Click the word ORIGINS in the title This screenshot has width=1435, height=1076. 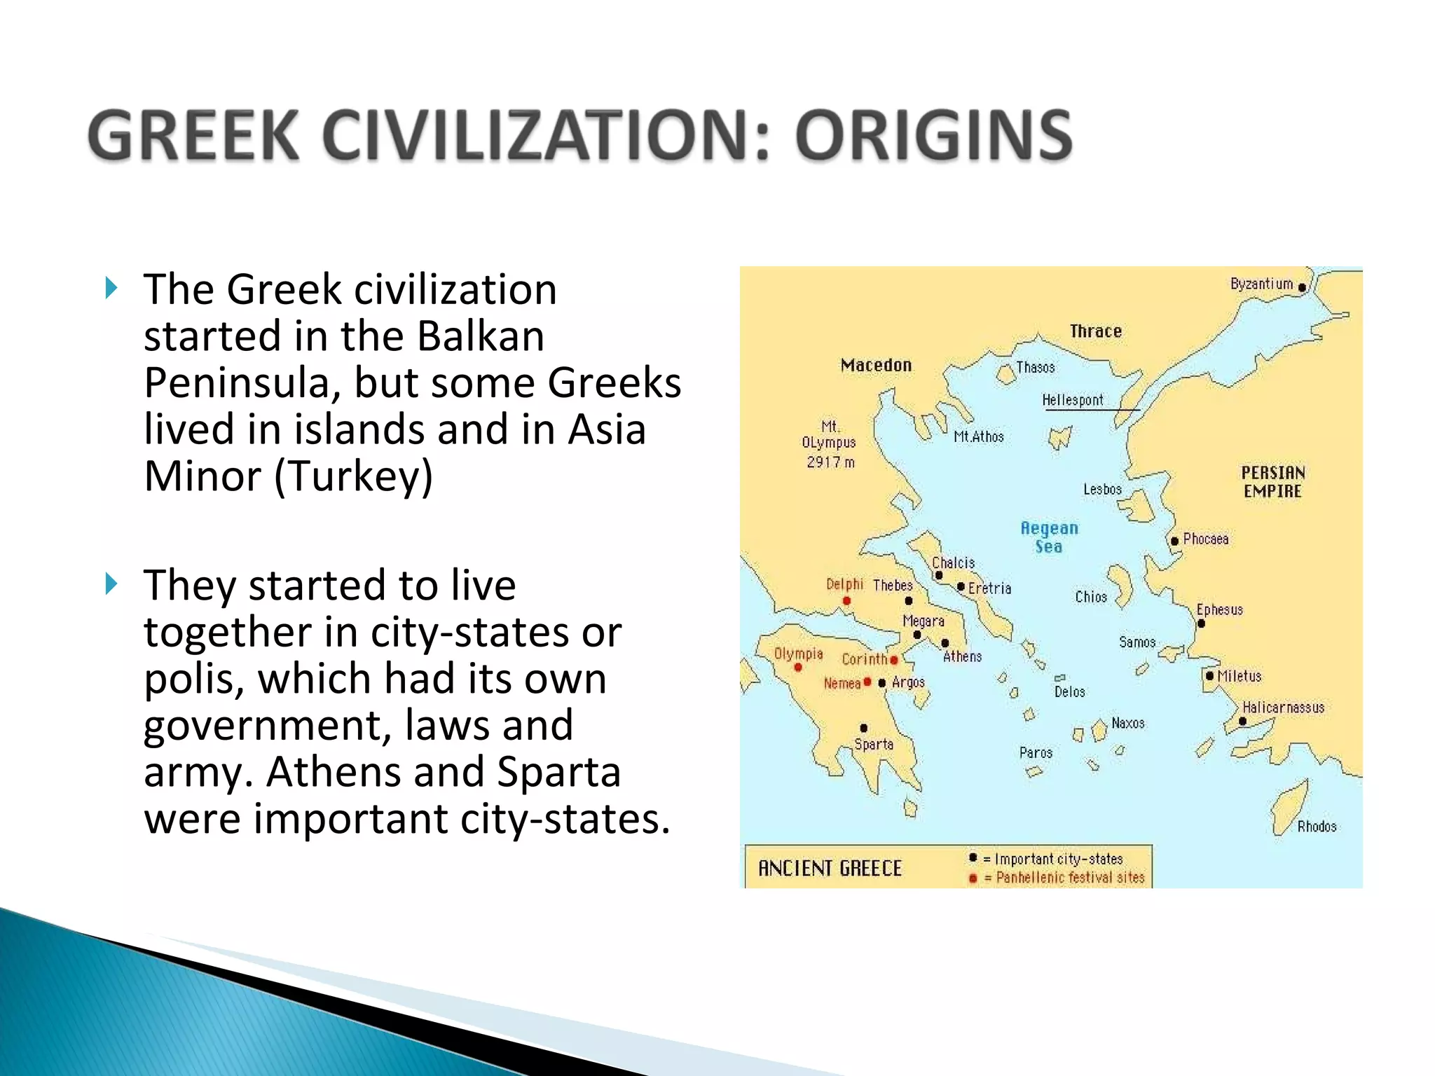click(933, 135)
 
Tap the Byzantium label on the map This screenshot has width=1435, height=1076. click(1261, 284)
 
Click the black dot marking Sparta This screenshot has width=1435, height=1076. click(864, 728)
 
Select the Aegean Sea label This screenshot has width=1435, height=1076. click(1049, 537)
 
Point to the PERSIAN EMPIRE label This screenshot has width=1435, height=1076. click(1272, 482)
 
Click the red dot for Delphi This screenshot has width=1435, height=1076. click(846, 600)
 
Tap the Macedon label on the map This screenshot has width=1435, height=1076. click(876, 365)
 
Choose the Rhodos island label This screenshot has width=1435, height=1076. click(1317, 827)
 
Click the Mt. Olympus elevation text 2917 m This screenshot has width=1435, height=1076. click(830, 462)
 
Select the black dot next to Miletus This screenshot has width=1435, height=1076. click(1209, 676)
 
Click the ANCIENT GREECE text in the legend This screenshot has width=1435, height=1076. click(830, 869)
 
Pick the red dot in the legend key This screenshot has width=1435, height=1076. click(973, 878)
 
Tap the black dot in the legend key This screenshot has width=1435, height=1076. click(973, 857)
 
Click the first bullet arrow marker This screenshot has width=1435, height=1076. click(111, 287)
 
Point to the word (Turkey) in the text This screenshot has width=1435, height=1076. click(353, 476)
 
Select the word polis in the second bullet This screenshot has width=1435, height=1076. click(187, 679)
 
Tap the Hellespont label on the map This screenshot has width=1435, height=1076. click(1072, 400)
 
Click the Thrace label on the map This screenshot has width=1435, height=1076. click(1095, 331)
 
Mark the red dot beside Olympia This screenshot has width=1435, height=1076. click(798, 667)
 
